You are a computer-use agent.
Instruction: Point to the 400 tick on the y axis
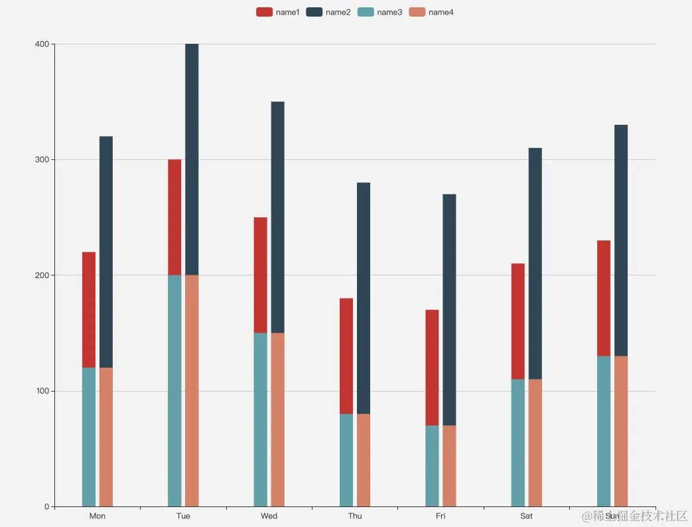tap(42, 44)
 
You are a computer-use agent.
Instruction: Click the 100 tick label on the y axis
tap(42, 391)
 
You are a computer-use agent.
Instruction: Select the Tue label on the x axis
tap(183, 516)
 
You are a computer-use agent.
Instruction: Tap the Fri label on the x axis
tap(441, 516)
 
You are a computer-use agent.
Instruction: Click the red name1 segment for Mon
tap(89, 309)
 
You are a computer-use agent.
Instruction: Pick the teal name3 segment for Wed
tap(261, 419)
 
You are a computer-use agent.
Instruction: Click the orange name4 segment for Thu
tap(364, 460)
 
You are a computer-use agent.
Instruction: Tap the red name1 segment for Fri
tap(432, 367)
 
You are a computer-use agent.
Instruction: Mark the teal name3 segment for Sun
tap(604, 431)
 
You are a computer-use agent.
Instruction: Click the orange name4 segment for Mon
tap(106, 437)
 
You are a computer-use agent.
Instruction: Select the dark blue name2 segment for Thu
tap(364, 298)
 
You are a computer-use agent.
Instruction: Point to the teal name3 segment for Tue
tap(174, 390)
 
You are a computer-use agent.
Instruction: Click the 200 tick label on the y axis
tap(42, 275)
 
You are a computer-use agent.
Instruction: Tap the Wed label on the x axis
tap(269, 516)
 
